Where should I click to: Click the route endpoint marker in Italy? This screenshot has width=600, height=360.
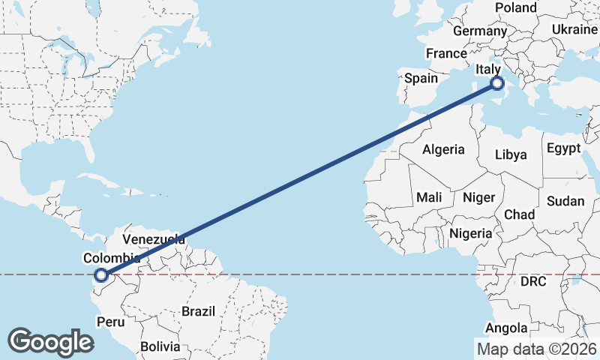[496, 83]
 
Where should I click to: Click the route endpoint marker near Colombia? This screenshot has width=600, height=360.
[101, 276]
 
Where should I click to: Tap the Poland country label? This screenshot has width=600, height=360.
[515, 7]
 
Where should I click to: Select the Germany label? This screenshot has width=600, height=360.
[480, 31]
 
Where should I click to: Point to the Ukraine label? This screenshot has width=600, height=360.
[574, 28]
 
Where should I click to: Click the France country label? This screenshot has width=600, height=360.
[446, 54]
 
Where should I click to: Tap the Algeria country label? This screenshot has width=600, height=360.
[443, 149]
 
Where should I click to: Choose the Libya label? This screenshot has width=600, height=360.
[511, 154]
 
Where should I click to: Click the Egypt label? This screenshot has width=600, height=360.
[563, 148]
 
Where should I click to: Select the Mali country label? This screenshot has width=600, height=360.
[429, 197]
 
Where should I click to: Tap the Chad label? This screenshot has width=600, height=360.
[519, 214]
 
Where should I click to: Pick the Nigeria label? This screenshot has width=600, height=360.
[470, 233]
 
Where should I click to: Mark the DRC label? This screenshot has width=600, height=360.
[533, 282]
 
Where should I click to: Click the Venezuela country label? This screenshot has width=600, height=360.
[154, 240]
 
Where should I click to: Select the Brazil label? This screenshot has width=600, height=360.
[198, 310]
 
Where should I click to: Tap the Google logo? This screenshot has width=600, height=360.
[49, 342]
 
